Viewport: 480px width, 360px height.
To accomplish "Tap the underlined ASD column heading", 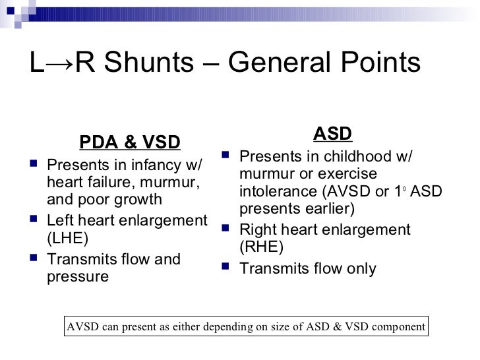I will (332, 135).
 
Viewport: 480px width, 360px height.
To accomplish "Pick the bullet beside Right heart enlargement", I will (224, 229).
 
